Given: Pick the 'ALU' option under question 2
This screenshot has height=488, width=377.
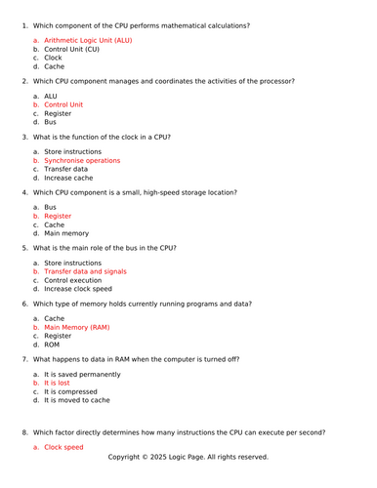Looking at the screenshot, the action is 51,96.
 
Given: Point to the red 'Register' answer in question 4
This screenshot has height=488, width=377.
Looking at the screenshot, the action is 58,216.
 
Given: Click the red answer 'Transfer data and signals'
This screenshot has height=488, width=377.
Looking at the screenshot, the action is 85,271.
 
